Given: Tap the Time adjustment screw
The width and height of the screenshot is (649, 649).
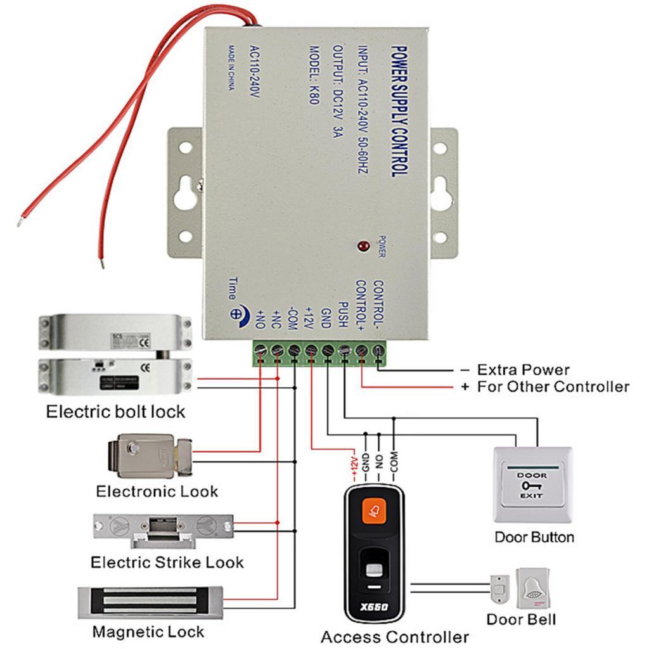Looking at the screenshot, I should pos(236,314).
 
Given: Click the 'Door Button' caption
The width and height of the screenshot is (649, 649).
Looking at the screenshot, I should pos(534,537).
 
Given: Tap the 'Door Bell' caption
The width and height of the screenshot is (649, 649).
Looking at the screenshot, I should pos(522,619).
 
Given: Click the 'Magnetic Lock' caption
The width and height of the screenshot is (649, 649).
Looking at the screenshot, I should pos(148,632).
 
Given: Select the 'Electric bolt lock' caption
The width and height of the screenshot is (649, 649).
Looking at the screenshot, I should pos(115,411).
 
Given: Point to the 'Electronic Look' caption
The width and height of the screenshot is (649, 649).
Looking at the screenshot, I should pos(157,491).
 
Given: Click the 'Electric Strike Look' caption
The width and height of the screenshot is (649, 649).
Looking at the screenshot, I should pos(167,562).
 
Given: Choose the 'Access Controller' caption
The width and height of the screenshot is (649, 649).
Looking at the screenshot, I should pos(394,636).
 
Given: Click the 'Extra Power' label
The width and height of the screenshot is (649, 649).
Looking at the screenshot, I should pos(523,369).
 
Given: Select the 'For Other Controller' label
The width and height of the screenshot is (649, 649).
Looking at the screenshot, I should pos(553,387).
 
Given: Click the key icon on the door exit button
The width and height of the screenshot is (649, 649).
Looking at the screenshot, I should pos(527,485).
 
